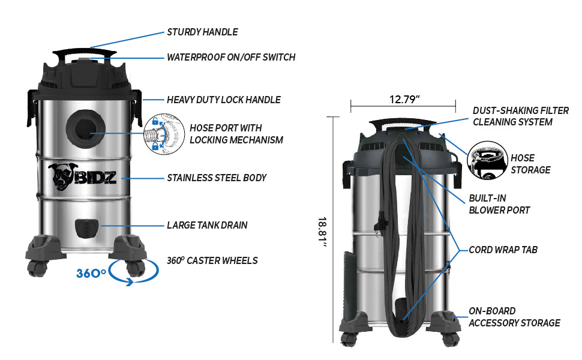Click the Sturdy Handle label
(x=202, y=32)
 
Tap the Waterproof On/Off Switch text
(x=230, y=58)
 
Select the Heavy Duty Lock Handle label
(x=223, y=100)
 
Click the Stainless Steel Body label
(x=216, y=178)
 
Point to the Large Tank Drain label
(x=207, y=226)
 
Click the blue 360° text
(x=91, y=274)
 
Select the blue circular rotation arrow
(x=137, y=273)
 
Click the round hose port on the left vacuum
(x=83, y=128)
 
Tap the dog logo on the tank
(x=62, y=175)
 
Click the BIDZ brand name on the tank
(x=95, y=178)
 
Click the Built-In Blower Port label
(x=499, y=203)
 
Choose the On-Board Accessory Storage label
(x=514, y=317)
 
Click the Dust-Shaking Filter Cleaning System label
(x=521, y=116)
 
